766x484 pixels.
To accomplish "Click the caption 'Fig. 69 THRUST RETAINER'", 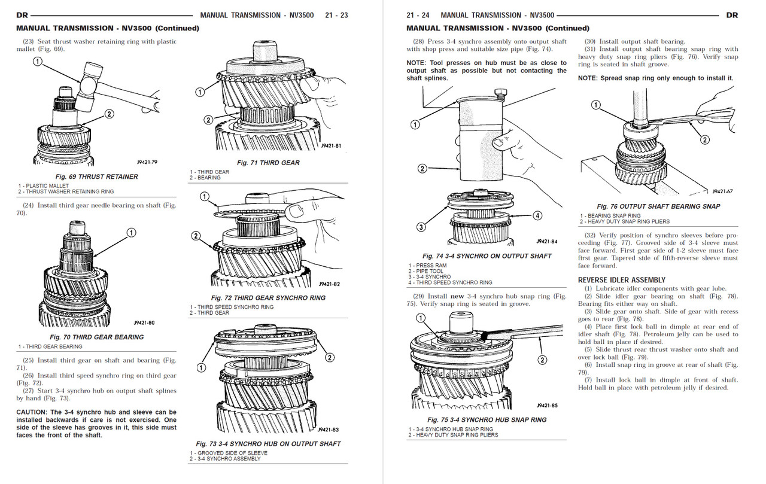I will (x=96, y=176).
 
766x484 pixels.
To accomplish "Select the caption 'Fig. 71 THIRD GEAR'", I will (x=268, y=163).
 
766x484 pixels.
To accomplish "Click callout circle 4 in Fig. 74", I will (x=537, y=215).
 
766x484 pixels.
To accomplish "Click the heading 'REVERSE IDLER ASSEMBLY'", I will (x=621, y=280).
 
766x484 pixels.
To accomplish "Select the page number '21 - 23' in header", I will (x=336, y=15).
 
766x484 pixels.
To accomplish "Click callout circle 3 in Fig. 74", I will (x=421, y=227).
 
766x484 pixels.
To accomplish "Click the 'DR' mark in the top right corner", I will (x=731, y=15).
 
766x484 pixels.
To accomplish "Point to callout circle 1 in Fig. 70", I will (x=131, y=233).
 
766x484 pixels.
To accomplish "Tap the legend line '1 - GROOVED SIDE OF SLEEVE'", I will (x=229, y=453).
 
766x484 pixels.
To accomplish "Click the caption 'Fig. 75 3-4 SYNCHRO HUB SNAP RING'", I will (x=487, y=420).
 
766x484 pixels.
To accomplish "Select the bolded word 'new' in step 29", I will (x=458, y=296).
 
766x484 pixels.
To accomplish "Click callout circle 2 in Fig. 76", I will (x=704, y=140).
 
